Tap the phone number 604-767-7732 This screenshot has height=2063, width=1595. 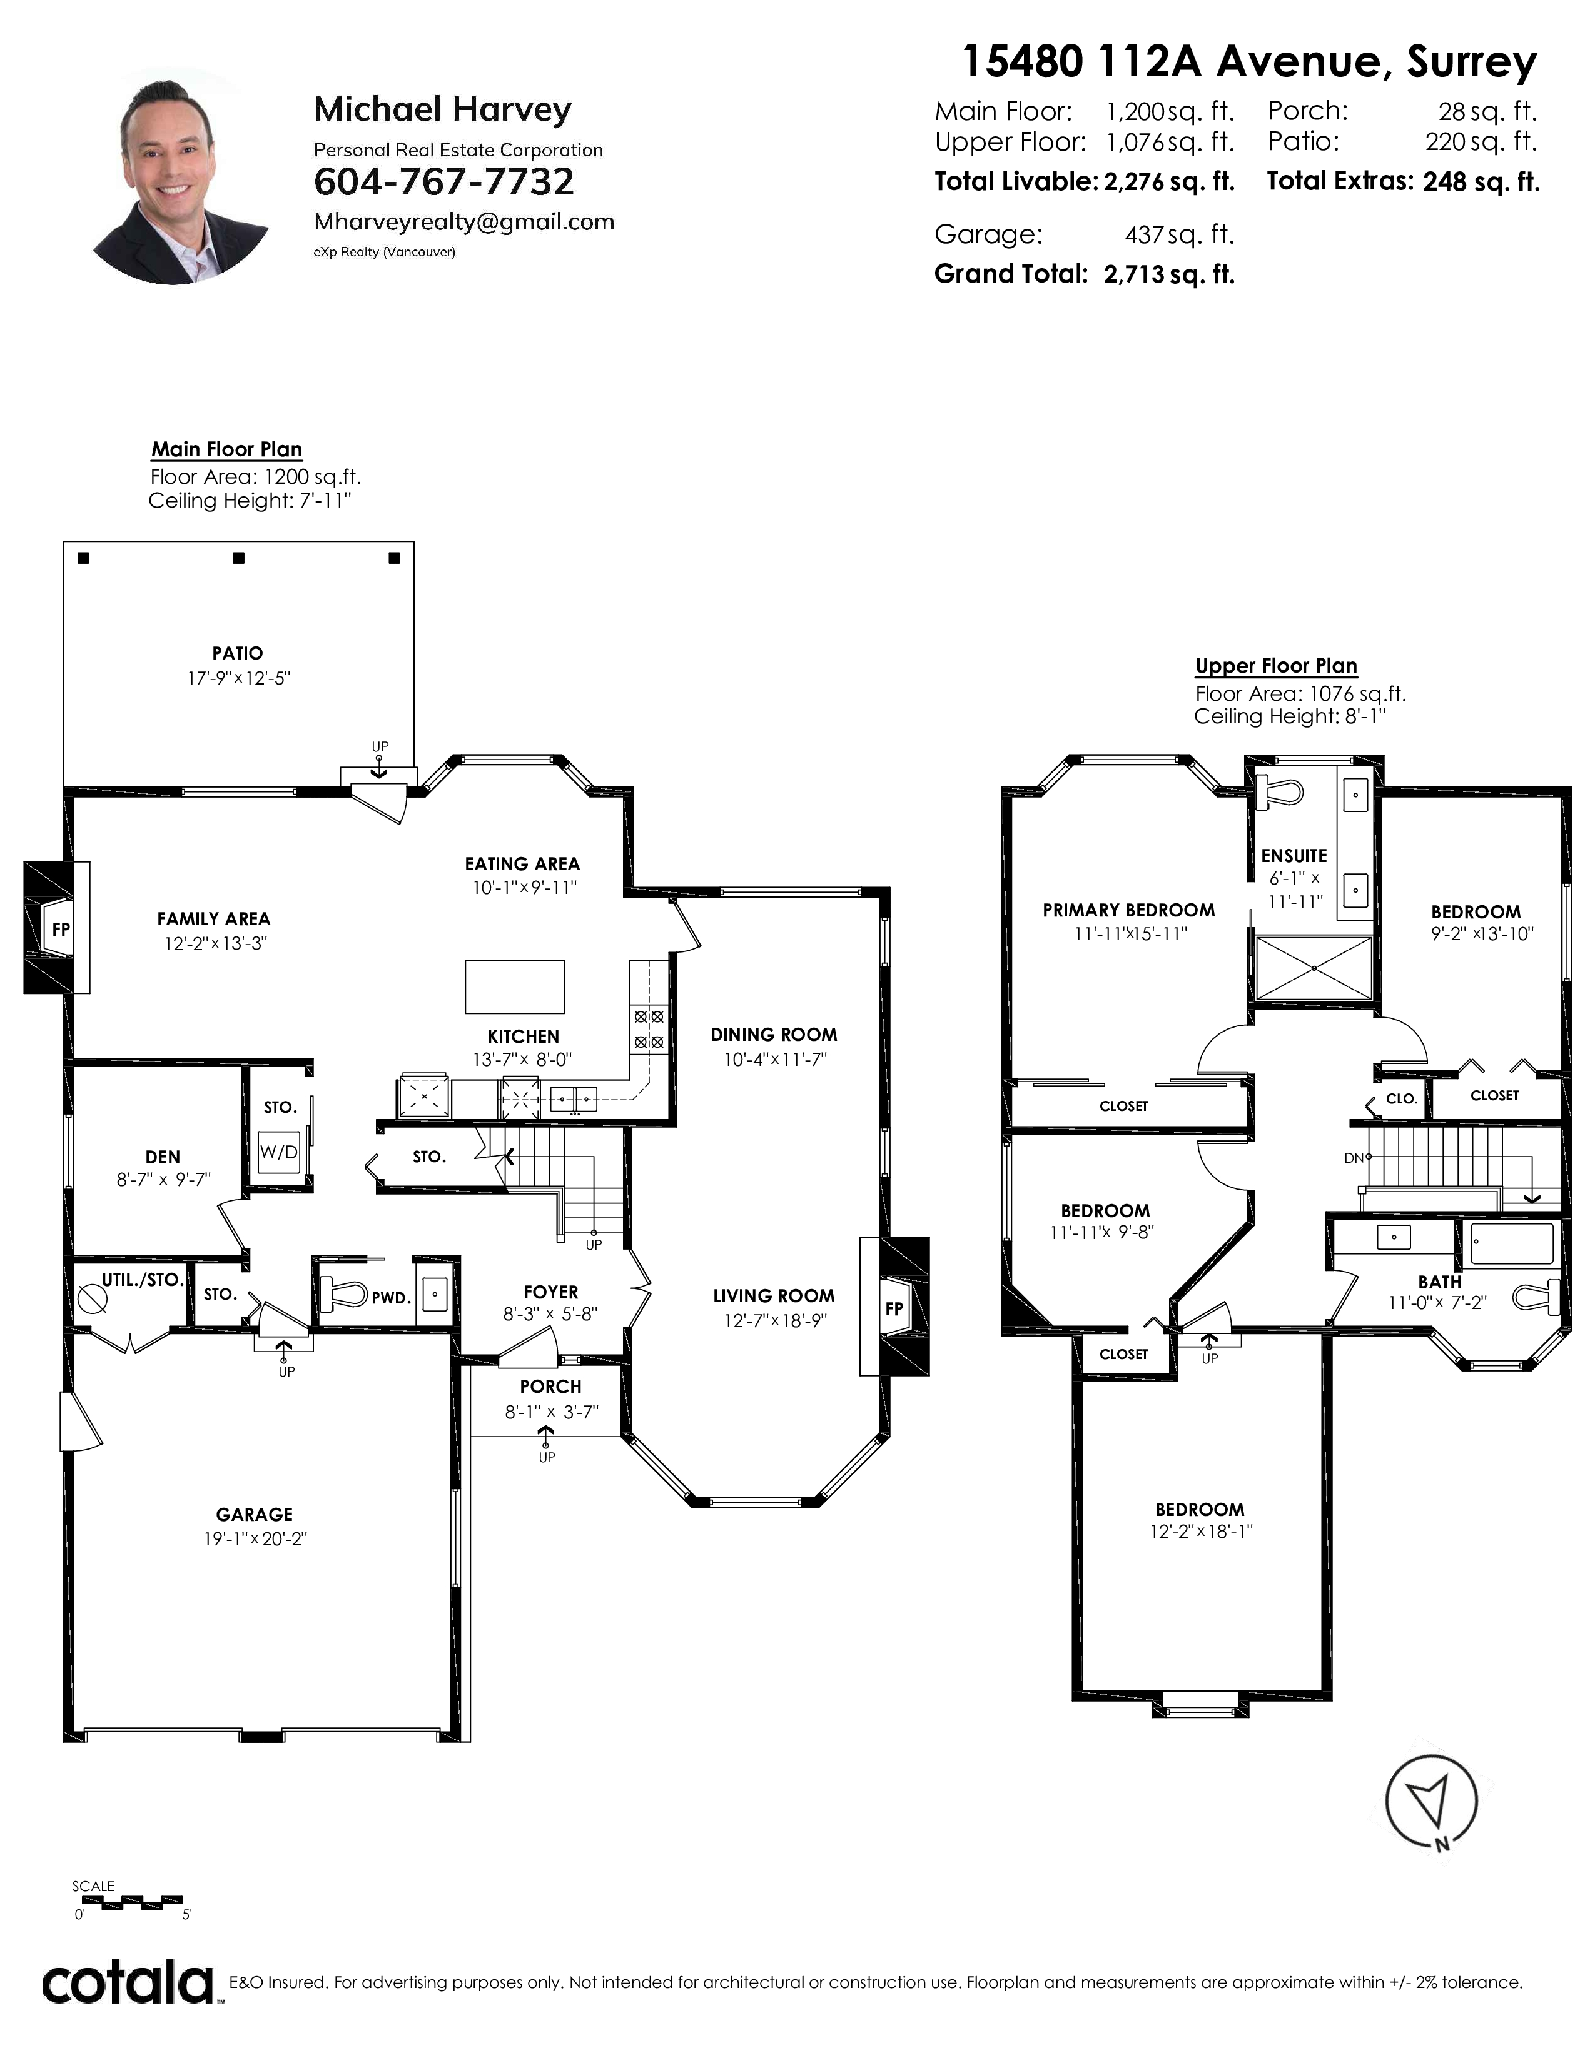tap(443, 181)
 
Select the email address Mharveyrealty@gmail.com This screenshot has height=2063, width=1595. tap(464, 222)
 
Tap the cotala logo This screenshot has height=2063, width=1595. tap(128, 1983)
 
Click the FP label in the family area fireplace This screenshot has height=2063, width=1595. tap(61, 930)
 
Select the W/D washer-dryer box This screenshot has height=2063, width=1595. tap(279, 1152)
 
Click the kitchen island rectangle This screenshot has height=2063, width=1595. tap(515, 987)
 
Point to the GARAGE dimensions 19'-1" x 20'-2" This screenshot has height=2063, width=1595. tap(255, 1538)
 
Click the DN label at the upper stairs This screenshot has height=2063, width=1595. tap(1353, 1158)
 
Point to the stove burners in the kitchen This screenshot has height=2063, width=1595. tap(648, 1030)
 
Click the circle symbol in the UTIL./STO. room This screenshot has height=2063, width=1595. tap(94, 1300)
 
